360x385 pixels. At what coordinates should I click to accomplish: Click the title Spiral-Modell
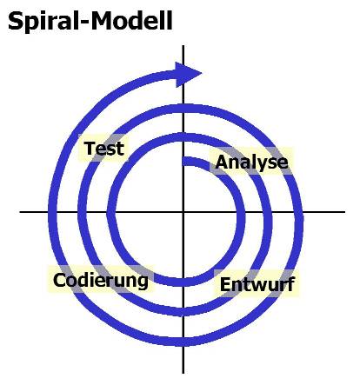pyautogui.click(x=90, y=21)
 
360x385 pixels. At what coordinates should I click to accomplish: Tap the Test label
pyautogui.click(x=104, y=148)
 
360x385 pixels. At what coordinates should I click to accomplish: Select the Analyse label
pyautogui.click(x=251, y=163)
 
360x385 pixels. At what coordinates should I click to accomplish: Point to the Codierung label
pyautogui.click(x=101, y=281)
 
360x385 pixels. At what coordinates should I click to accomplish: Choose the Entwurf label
pyautogui.click(x=257, y=284)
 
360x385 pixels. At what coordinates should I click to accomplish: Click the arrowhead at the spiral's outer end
pyautogui.click(x=189, y=74)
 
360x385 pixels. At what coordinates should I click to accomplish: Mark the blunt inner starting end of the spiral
pyautogui.click(x=183, y=162)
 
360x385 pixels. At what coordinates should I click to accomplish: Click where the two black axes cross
pyautogui.click(x=183, y=212)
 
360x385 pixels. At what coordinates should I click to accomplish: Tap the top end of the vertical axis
pyautogui.click(x=183, y=46)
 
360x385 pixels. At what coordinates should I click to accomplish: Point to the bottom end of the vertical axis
pyautogui.click(x=183, y=373)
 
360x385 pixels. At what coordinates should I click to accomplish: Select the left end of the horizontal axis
pyautogui.click(x=20, y=212)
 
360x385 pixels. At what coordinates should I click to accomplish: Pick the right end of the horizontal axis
pyautogui.click(x=344, y=212)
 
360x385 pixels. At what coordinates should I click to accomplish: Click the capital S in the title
pyautogui.click(x=15, y=21)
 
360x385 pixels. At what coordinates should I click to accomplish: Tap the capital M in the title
pyautogui.click(x=103, y=21)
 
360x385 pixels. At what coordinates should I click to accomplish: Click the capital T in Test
pyautogui.click(x=90, y=148)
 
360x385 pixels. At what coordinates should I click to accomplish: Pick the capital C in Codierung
pyautogui.click(x=59, y=280)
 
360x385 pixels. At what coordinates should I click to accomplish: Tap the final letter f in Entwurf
pyautogui.click(x=291, y=284)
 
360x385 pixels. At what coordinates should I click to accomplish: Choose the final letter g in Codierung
pyautogui.click(x=143, y=282)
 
